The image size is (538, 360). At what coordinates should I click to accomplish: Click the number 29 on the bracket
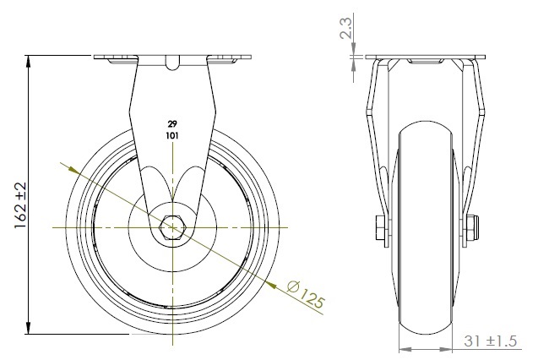[173, 124]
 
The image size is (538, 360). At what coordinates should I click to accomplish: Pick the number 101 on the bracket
[173, 134]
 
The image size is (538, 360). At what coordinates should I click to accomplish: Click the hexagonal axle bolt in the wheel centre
[173, 227]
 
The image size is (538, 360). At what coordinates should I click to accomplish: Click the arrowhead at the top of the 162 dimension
[30, 62]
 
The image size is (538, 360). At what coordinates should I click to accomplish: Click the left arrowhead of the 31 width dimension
[403, 348]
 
